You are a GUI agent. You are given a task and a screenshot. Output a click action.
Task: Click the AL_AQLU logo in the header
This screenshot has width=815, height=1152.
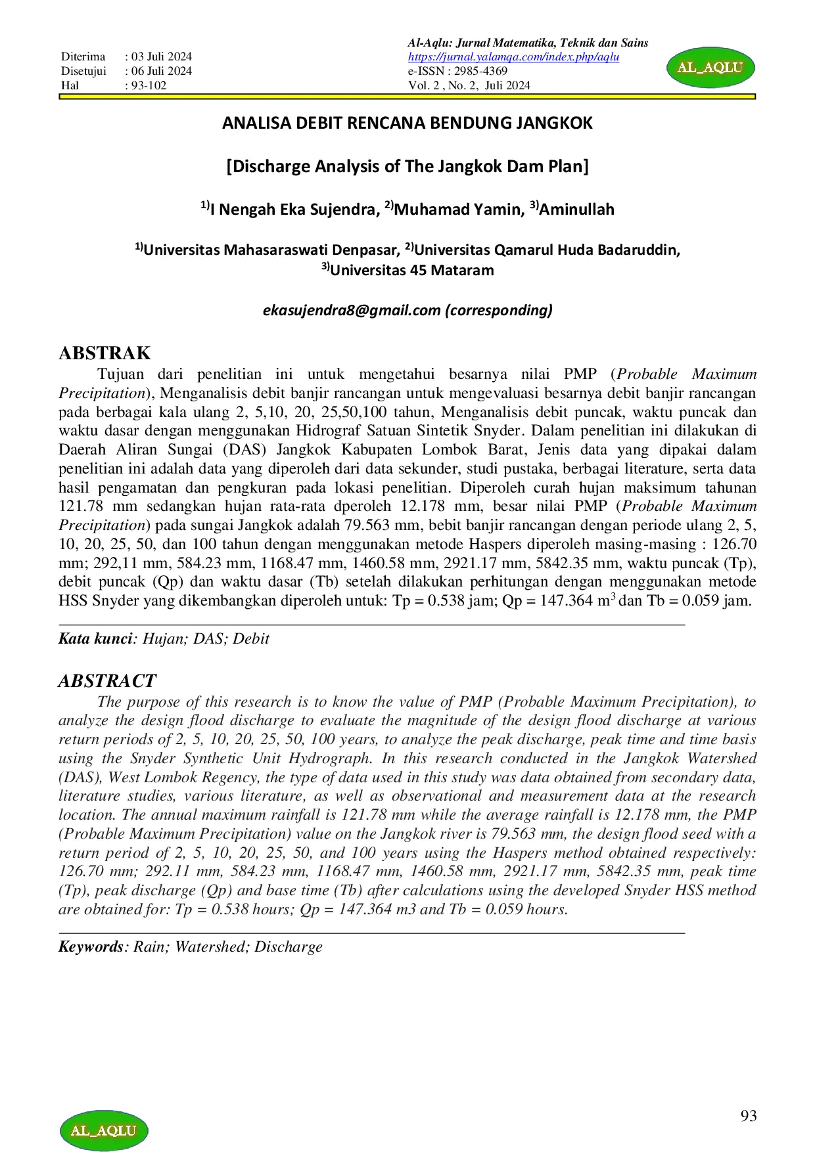point(710,67)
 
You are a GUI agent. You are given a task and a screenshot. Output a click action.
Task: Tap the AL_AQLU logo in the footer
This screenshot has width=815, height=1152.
point(104,1130)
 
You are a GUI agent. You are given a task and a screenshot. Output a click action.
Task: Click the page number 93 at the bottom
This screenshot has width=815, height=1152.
point(748,1116)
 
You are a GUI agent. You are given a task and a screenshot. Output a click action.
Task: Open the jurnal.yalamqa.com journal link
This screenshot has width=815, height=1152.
point(513,57)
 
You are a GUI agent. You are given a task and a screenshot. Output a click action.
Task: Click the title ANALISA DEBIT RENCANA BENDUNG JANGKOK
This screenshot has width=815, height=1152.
point(407,123)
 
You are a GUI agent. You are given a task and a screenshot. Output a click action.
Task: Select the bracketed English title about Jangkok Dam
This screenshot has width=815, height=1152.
point(407,166)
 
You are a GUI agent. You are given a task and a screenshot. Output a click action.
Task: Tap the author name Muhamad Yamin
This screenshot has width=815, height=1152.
point(458,210)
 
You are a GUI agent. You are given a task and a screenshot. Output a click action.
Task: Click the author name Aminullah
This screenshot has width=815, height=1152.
point(576,210)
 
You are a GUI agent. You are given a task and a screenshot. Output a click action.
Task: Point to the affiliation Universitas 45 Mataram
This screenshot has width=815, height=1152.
point(411,270)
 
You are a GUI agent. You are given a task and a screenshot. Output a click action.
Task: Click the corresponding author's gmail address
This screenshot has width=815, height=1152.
point(352,310)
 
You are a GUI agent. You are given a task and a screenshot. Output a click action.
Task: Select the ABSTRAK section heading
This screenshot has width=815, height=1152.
point(105,353)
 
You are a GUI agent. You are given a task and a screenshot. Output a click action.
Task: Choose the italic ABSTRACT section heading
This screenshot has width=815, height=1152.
point(107,680)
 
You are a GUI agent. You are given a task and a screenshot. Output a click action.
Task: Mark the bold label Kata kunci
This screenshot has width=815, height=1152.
point(95,638)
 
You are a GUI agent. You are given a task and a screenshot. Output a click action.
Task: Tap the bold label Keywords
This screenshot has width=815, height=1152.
point(91,946)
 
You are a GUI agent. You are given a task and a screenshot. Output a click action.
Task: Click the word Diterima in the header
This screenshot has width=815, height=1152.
point(83,57)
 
